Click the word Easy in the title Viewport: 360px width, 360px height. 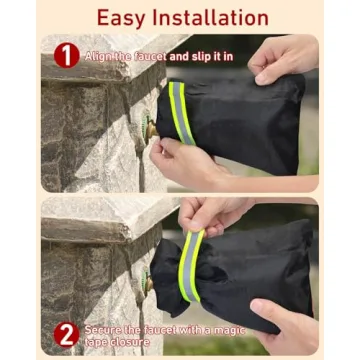[127, 17]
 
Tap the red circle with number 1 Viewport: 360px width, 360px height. [66, 55]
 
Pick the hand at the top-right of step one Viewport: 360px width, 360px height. [285, 60]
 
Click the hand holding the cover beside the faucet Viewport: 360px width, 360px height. [185, 160]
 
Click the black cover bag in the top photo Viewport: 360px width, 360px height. [240, 120]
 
